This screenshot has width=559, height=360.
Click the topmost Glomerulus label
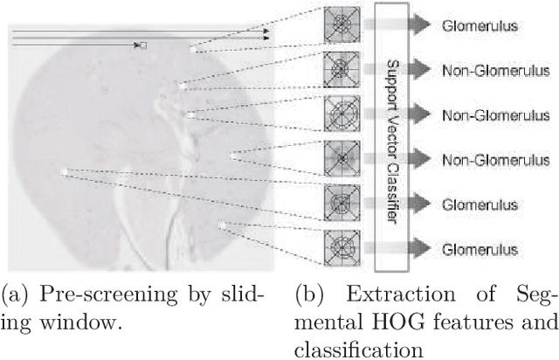(481, 25)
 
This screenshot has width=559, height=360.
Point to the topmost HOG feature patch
(339, 23)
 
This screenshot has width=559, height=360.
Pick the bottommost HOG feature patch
(339, 247)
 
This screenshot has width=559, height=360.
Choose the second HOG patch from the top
(339, 67)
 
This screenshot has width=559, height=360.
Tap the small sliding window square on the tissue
(143, 44)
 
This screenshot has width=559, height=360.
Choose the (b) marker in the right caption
(307, 293)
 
